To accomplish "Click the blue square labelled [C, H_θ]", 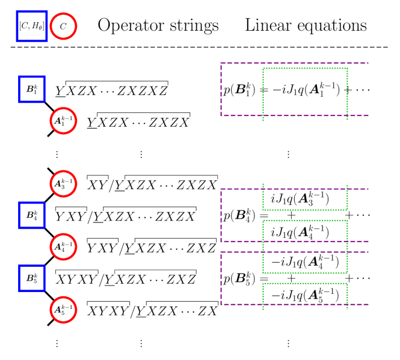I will point(31,26).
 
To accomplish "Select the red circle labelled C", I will point(63,26).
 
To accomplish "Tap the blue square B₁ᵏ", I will point(32,90).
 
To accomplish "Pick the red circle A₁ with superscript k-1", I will point(63,121).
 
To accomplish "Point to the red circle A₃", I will point(63,184).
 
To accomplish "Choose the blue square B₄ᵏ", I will point(32,215).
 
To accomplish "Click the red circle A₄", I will point(63,246).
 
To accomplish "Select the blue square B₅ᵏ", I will point(32,278).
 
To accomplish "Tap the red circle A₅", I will point(63,310).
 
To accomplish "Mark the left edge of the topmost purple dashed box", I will point(221,89).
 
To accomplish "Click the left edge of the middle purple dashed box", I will point(221,215).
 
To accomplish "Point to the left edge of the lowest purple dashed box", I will point(221,278).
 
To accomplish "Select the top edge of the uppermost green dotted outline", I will point(305,69).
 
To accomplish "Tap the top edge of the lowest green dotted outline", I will point(305,284).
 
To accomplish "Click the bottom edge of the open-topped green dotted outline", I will point(305,210).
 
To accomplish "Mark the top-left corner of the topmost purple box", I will point(221,63).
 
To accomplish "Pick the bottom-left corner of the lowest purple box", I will point(221,304).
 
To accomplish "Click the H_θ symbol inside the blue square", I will point(39,26).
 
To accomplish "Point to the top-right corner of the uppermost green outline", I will point(347,69).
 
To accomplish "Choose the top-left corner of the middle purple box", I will point(221,189).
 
